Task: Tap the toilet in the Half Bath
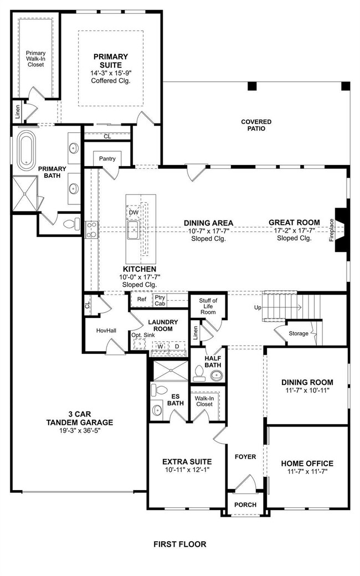(x=199, y=372)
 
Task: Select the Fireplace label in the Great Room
(x=332, y=230)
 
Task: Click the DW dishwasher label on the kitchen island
(x=133, y=212)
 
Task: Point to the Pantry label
(x=107, y=159)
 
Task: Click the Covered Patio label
(x=256, y=125)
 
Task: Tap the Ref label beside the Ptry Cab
(x=142, y=299)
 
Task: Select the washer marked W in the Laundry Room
(x=160, y=346)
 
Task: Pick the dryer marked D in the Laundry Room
(x=177, y=346)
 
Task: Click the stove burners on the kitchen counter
(x=92, y=230)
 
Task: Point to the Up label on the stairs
(x=258, y=307)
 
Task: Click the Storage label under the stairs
(x=299, y=333)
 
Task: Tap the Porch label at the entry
(x=245, y=505)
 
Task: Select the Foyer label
(x=245, y=456)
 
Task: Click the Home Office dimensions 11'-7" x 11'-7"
(x=307, y=471)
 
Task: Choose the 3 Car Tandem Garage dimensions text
(x=80, y=430)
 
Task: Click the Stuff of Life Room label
(x=208, y=306)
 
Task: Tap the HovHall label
(x=106, y=331)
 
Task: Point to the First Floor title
(x=180, y=544)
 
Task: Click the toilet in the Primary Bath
(x=72, y=224)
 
